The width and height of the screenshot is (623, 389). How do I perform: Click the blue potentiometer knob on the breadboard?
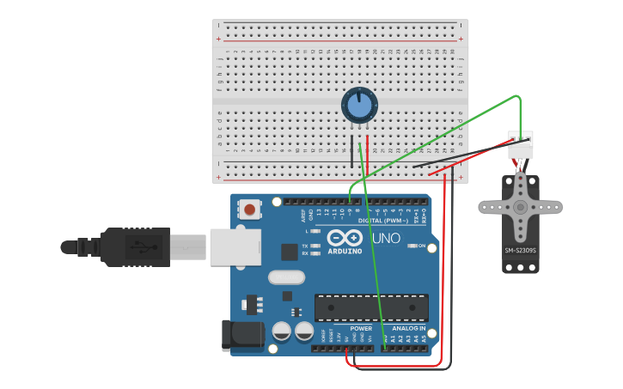click(358, 106)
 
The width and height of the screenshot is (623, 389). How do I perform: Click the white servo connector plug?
click(520, 144)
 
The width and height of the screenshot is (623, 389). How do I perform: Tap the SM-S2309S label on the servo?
click(520, 251)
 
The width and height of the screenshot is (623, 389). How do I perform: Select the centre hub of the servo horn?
click(520, 208)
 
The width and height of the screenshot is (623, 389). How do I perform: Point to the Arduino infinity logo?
click(344, 238)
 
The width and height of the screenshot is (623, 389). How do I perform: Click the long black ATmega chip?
click(371, 307)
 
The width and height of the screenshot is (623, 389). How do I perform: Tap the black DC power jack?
click(242, 336)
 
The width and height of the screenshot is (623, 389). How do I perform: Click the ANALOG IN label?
click(408, 328)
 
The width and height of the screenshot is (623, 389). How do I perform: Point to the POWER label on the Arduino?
click(361, 328)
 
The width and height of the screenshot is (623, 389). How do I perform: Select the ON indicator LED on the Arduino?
click(411, 246)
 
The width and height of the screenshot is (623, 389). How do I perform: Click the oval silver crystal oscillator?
click(286, 277)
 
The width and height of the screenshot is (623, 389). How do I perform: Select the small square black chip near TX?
click(289, 251)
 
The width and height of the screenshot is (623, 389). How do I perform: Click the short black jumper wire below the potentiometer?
click(351, 150)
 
